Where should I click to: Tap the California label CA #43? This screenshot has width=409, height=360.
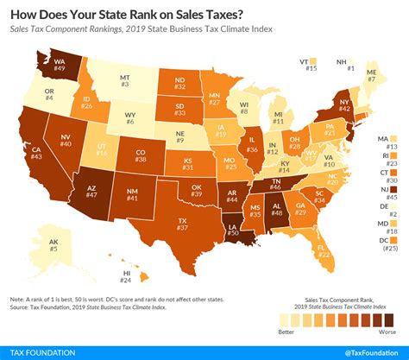[37, 153]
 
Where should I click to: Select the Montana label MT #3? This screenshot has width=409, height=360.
[125, 79]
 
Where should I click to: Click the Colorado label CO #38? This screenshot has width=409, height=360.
[142, 155]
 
